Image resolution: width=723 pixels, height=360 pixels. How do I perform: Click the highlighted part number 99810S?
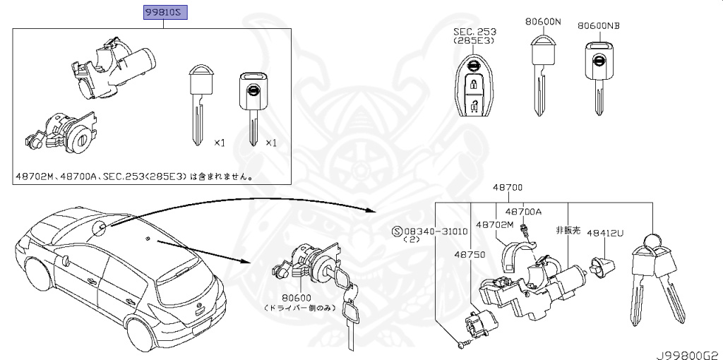pyautogui.click(x=164, y=13)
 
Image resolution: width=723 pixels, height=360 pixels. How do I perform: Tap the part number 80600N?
pyautogui.click(x=543, y=22)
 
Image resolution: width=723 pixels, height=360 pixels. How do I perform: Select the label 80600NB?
pyautogui.click(x=598, y=25)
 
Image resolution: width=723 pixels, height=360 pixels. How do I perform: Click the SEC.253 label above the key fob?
pyautogui.click(x=474, y=32)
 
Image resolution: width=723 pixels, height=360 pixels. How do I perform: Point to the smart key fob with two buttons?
pyautogui.click(x=474, y=86)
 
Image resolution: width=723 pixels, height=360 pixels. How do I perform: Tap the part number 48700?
pyautogui.click(x=508, y=188)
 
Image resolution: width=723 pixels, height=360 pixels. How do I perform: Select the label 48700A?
pyautogui.click(x=523, y=211)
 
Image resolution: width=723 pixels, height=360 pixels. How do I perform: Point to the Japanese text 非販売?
pyautogui.click(x=568, y=230)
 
